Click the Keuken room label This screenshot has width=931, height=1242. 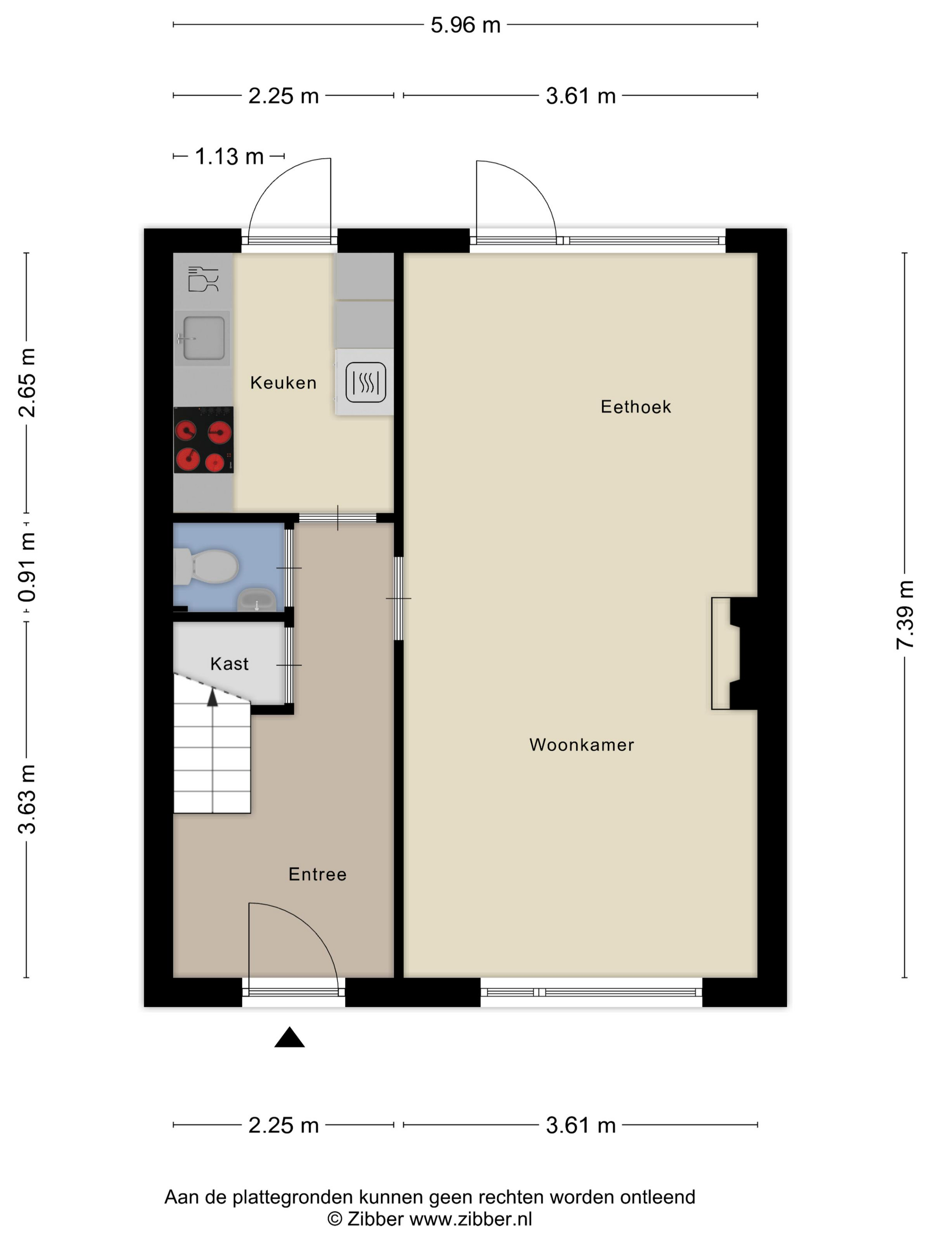[x=283, y=383]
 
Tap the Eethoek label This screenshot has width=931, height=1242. [x=635, y=407]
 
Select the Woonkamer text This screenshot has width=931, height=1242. [x=581, y=745]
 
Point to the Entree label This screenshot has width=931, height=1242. [x=317, y=874]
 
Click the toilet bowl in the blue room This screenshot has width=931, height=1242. [x=211, y=566]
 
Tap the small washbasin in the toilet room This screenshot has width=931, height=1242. [x=256, y=600]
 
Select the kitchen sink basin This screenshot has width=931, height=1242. [x=203, y=338]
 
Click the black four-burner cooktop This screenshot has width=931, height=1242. [x=203, y=440]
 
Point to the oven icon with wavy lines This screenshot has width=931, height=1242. [x=365, y=382]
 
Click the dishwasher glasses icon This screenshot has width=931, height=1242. [x=203, y=279]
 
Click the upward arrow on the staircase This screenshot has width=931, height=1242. [x=212, y=698]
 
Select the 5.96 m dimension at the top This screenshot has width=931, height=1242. [x=465, y=25]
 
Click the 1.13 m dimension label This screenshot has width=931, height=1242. [x=229, y=157]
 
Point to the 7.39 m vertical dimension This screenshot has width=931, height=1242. [x=905, y=615]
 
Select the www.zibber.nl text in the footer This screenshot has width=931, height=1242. [x=470, y=1219]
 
